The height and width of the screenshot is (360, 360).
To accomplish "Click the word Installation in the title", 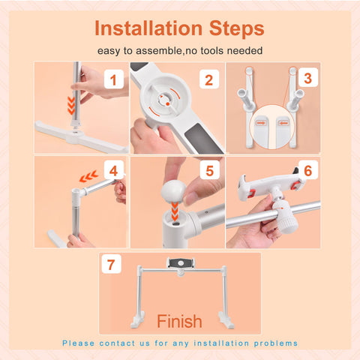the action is pos(148,28).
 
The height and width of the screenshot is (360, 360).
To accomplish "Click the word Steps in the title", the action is pos(236,29).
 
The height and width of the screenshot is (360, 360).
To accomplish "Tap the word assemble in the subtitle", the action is pos(158,51).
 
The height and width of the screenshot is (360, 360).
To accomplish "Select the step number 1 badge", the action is pos(114,79).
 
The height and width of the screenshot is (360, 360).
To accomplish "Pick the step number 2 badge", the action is pos(209,79).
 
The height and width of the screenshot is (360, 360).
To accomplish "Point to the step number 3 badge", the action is pos(308,78).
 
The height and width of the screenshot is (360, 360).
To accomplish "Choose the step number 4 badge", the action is pos(114,170).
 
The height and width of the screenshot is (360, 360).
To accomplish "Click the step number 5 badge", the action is pos(210,170).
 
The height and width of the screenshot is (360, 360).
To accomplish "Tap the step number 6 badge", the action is pos(308,170).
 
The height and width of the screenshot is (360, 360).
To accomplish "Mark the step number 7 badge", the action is pos(111,264).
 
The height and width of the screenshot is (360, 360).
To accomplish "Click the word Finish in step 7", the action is pos(179,321).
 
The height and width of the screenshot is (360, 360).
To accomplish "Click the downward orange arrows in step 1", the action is pos(71,106).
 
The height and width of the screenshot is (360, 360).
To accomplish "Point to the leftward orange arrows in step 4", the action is pos(88,176).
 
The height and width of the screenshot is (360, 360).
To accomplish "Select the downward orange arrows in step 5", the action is pos(175,211).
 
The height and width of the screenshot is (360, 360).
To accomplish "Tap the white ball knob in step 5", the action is pos(173,191).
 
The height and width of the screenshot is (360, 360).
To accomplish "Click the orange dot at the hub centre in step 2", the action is pos(168,103).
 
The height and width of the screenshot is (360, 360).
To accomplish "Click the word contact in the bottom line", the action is pos(117,343).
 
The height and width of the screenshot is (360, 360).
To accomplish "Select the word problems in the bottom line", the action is pos(276,343).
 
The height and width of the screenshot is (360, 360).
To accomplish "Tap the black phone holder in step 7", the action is pos(181,262).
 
